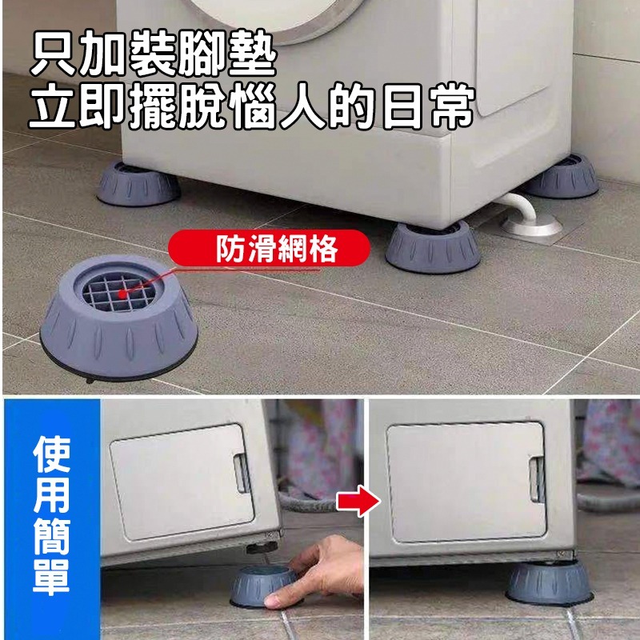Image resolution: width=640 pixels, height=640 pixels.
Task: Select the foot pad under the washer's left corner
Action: click(138, 183)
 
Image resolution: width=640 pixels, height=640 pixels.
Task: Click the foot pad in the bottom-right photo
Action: click(550, 583)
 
